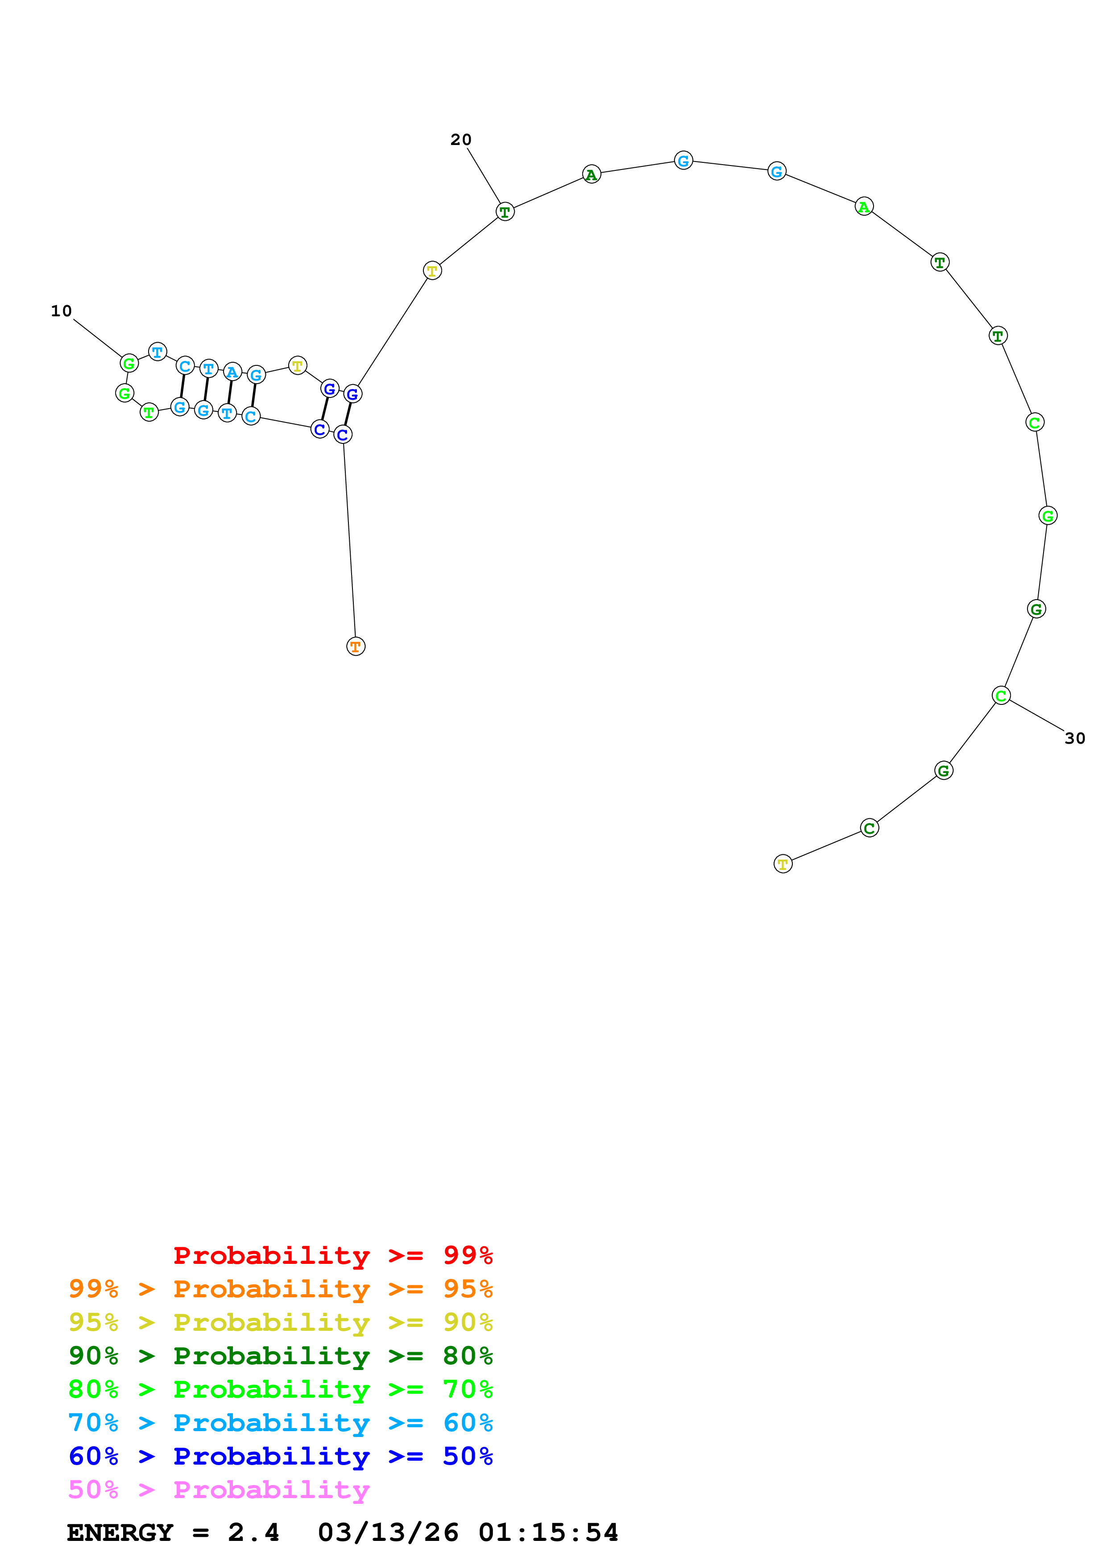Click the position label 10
click(x=61, y=311)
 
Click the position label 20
click(x=461, y=140)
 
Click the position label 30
click(x=1075, y=738)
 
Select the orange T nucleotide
click(x=356, y=646)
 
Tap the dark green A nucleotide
click(x=592, y=174)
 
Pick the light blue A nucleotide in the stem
click(x=232, y=372)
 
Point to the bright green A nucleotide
click(x=864, y=207)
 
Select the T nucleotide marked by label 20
click(x=505, y=212)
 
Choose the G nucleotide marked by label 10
click(x=129, y=363)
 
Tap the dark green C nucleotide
click(x=869, y=828)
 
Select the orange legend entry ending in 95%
click(x=280, y=1288)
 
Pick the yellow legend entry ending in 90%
click(x=280, y=1322)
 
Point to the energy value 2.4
click(x=253, y=1532)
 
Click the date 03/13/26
click(x=388, y=1532)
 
